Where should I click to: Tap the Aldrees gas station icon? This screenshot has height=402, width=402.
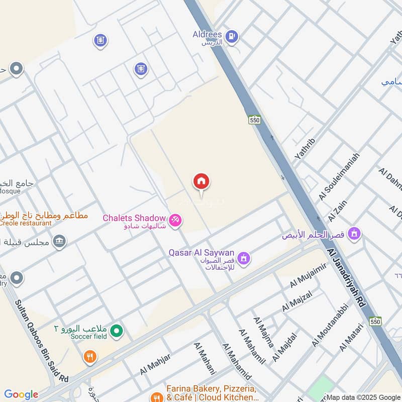point(231,36)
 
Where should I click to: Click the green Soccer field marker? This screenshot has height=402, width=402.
point(117,331)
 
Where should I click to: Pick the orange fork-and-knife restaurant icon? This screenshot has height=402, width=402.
point(90,357)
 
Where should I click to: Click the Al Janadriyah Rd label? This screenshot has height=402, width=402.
point(347,280)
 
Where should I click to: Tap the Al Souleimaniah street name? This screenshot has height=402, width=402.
point(340,176)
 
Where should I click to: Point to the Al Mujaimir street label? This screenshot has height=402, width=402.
point(309,275)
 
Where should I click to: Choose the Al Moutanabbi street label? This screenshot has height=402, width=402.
point(330,325)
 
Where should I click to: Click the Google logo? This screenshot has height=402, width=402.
point(21,394)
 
